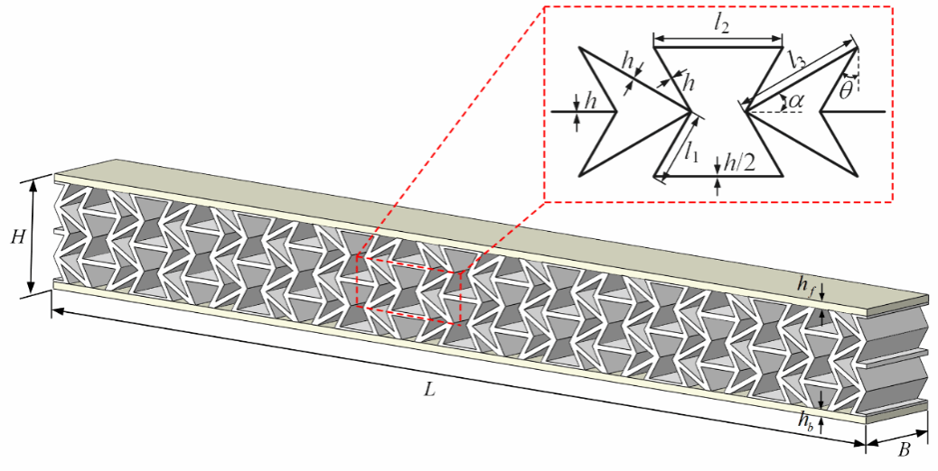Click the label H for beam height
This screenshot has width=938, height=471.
(x=17, y=237)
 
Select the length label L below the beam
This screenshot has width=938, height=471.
(x=429, y=392)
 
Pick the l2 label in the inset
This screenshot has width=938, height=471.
(x=720, y=24)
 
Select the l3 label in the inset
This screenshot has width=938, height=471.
(x=796, y=60)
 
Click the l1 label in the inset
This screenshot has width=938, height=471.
(x=691, y=152)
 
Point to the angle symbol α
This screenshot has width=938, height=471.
(x=795, y=101)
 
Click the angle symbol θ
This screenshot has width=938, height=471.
(x=844, y=90)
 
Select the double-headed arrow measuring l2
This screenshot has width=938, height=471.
(x=718, y=39)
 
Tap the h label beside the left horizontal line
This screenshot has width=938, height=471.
(x=591, y=101)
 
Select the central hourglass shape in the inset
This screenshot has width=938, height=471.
(x=718, y=112)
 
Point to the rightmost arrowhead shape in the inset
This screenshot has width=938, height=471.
(x=836, y=112)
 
